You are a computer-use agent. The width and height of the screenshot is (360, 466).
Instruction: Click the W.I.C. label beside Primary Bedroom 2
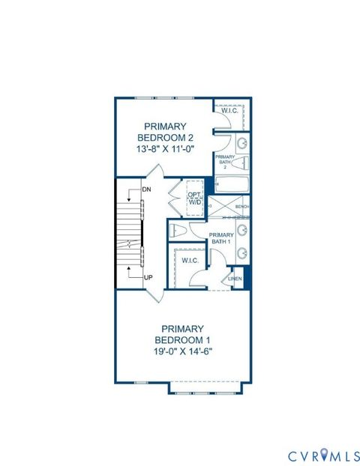coord(229,112)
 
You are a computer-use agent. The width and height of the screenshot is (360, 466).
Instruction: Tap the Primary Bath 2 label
coord(226,160)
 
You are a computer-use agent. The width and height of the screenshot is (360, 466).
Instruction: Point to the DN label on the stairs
coord(146,190)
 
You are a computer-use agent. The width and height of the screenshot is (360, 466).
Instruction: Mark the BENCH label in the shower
coord(241,205)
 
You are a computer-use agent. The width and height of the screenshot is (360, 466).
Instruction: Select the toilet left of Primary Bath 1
coord(177,229)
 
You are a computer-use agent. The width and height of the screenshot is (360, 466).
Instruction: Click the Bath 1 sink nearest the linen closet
coord(243,253)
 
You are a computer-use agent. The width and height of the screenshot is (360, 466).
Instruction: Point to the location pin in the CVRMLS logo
coord(315,455)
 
